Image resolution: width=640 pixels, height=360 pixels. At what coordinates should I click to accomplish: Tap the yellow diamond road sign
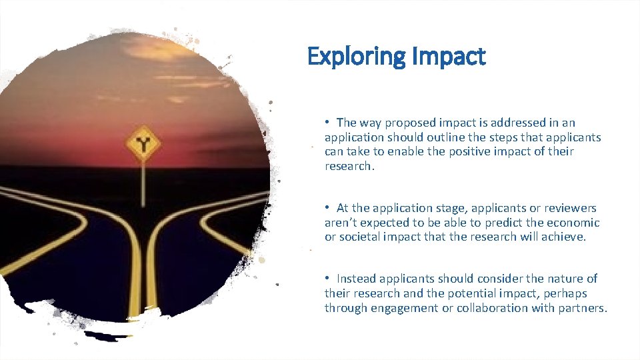(x=141, y=143)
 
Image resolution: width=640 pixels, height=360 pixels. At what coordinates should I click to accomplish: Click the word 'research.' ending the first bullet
(x=350, y=166)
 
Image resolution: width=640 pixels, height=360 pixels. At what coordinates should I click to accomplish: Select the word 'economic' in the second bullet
(x=575, y=223)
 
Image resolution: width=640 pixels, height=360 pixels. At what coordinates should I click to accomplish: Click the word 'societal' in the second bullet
(x=361, y=237)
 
